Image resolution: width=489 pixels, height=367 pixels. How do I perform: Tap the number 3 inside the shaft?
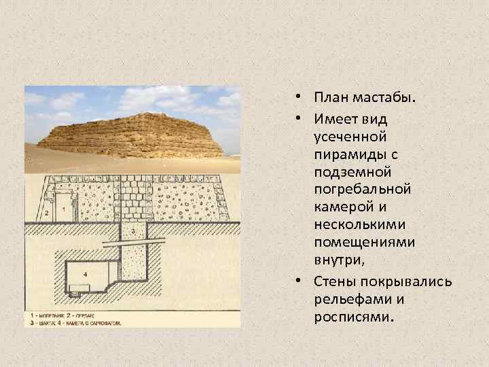pyautogui.click(x=133, y=232)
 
